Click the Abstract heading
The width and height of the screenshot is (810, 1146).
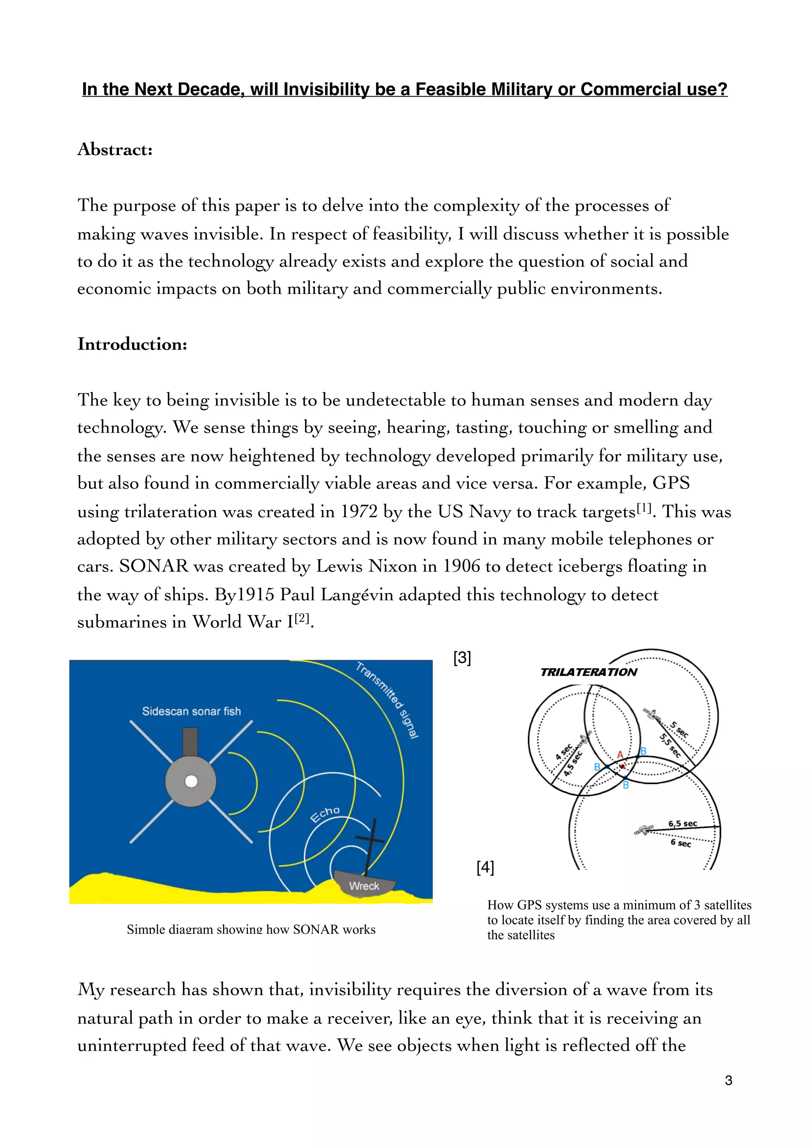coord(115,149)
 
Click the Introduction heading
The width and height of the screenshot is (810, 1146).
coord(132,344)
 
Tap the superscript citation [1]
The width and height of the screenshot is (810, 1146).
coord(644,508)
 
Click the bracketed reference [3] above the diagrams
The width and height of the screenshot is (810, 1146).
coord(462,657)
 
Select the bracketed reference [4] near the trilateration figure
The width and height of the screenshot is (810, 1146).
coord(485,867)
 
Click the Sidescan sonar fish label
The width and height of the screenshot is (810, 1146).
coord(191,711)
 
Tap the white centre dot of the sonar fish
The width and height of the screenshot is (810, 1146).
coord(191,782)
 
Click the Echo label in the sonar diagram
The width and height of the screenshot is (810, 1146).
coord(325,814)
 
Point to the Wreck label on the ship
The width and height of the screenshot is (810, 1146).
coord(364,886)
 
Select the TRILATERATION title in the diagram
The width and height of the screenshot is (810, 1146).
coord(588,672)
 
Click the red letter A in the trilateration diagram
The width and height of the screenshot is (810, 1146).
coord(620,755)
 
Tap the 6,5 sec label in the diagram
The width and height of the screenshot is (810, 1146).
coord(682,823)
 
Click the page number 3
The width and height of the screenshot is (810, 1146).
coord(728,1080)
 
